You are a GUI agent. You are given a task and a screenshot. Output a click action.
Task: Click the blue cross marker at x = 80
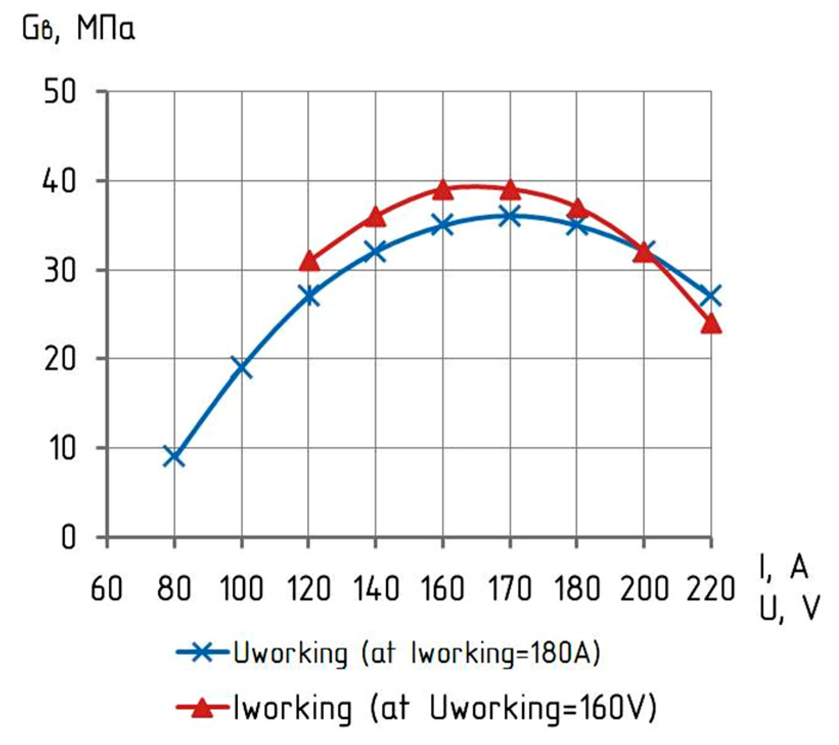[x=174, y=456]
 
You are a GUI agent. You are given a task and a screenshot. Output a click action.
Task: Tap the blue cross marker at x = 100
[x=241, y=367]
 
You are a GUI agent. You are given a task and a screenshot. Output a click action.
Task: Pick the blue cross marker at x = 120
[x=309, y=296]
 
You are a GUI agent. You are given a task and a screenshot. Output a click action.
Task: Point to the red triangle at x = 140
[x=376, y=217]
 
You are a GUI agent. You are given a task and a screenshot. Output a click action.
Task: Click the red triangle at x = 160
[x=443, y=190]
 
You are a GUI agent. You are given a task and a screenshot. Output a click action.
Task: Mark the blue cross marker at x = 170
[x=510, y=216]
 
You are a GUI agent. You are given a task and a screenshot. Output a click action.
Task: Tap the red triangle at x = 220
[x=711, y=324]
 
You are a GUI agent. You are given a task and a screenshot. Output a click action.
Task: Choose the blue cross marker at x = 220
[x=711, y=296]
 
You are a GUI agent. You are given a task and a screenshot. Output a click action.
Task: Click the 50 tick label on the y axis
[x=60, y=93]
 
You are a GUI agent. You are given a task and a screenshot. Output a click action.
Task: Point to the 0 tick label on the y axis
[x=69, y=538]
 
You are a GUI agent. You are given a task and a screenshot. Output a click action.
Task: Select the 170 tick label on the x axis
[x=510, y=589]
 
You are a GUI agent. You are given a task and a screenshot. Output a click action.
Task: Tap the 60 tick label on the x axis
[x=106, y=589]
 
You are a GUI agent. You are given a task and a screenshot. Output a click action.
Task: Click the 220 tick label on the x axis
[x=711, y=589]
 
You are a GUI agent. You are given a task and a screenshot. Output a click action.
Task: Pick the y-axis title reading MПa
[x=106, y=29]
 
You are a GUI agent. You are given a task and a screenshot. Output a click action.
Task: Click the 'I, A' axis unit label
[x=784, y=568]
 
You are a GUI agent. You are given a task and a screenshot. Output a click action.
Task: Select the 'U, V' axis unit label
[x=789, y=608]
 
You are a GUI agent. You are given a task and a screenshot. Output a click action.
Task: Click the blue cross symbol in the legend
[x=202, y=652]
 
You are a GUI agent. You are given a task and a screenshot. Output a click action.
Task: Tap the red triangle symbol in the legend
[x=203, y=708]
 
